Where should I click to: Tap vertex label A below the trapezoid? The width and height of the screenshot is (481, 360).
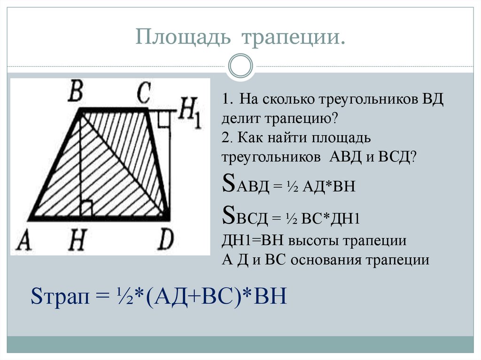23,242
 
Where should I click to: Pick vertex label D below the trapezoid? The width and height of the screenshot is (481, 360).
164,241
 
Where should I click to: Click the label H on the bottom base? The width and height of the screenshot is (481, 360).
77,242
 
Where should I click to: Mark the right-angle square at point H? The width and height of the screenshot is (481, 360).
86,207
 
